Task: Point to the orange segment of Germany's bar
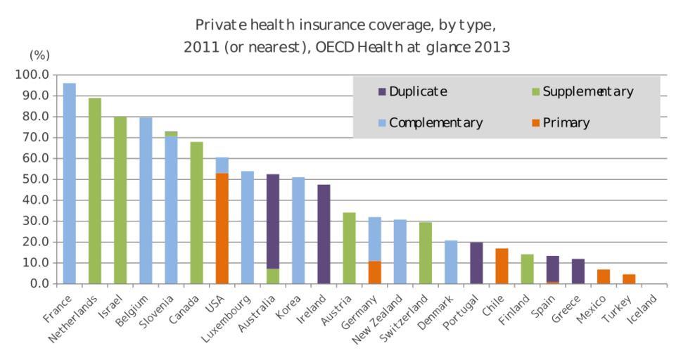pos(374,272)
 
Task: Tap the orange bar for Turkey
pos(628,279)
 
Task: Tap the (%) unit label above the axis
pos(39,55)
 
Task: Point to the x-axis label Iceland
pos(644,307)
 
